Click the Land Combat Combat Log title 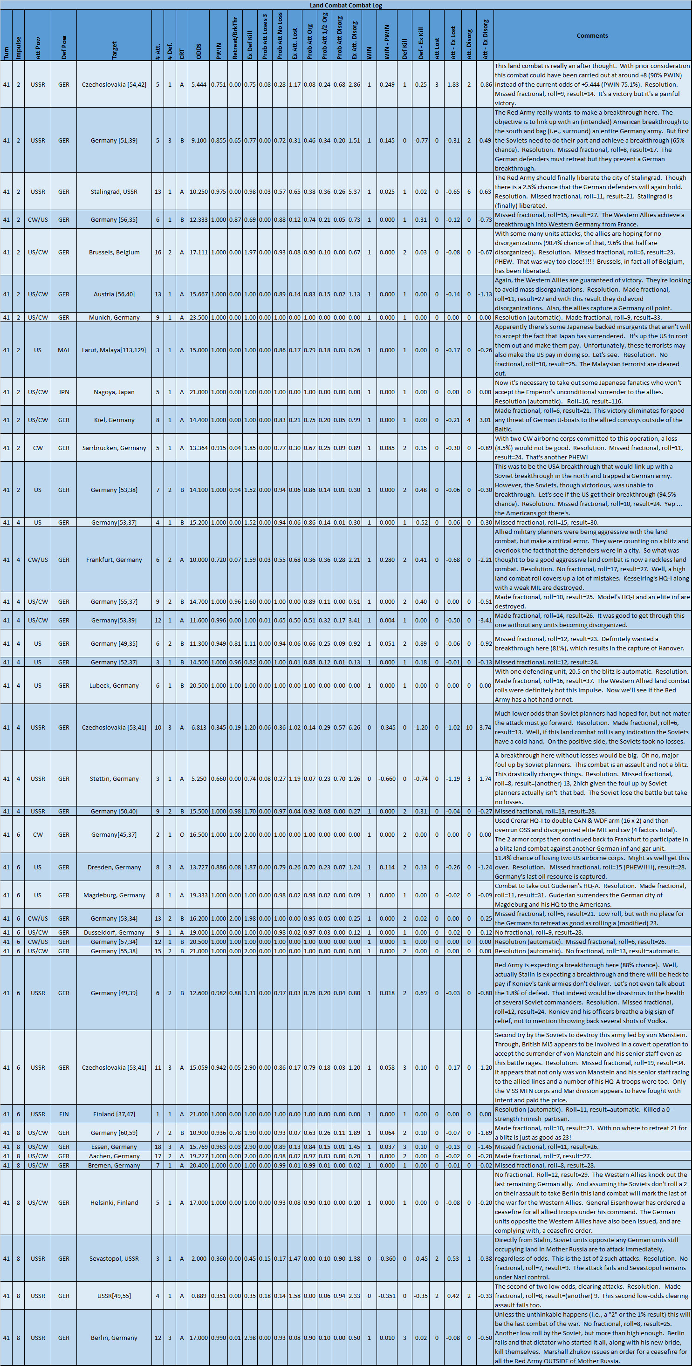[346, 5]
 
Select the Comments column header [592, 35]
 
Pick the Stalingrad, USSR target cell [114, 191]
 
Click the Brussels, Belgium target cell [114, 253]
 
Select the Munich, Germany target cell [114, 317]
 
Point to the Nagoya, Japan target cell [114, 392]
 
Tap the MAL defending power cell [64, 350]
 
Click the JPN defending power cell [64, 392]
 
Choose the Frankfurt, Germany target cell [114, 560]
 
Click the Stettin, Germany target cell [114, 779]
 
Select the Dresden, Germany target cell [114, 867]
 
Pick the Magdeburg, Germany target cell [114, 895]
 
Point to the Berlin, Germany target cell [114, 1338]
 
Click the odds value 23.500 [199, 317]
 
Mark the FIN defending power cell [64, 1114]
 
